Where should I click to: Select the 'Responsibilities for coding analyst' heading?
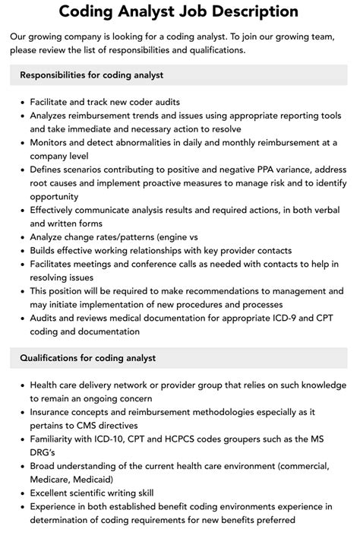coord(92,75)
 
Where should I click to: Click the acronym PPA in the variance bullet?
coord(249,169)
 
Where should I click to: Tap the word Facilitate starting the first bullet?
coord(54,101)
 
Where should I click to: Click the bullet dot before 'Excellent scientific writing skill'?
coord(21,493)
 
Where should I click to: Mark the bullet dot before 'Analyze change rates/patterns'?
coord(21,237)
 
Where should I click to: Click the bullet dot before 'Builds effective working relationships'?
coord(21,251)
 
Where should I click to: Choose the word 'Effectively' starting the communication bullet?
coord(56,210)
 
